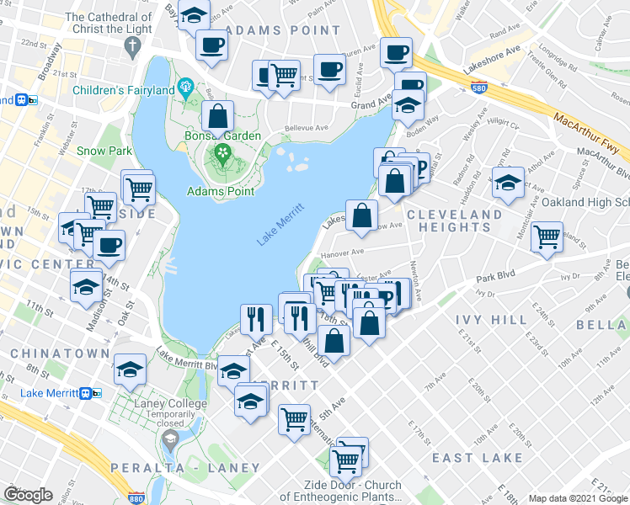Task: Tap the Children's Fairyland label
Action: point(123,89)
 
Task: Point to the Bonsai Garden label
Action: point(223,136)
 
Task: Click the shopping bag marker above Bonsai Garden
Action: point(218,118)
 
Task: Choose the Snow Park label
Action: point(105,151)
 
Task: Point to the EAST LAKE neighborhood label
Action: point(478,458)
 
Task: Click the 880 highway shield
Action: point(136,497)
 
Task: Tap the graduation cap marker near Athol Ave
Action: point(509,183)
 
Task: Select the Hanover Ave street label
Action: point(342,251)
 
